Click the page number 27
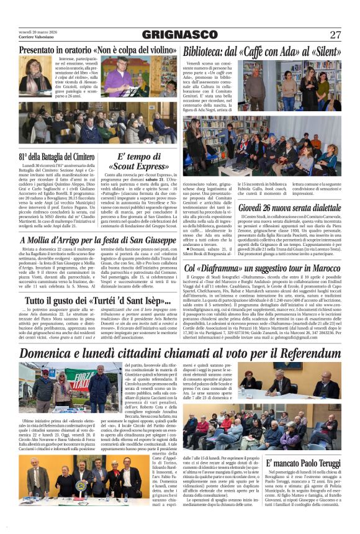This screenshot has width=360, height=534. point(335,35)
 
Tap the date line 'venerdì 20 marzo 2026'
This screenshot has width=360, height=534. point(38,31)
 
